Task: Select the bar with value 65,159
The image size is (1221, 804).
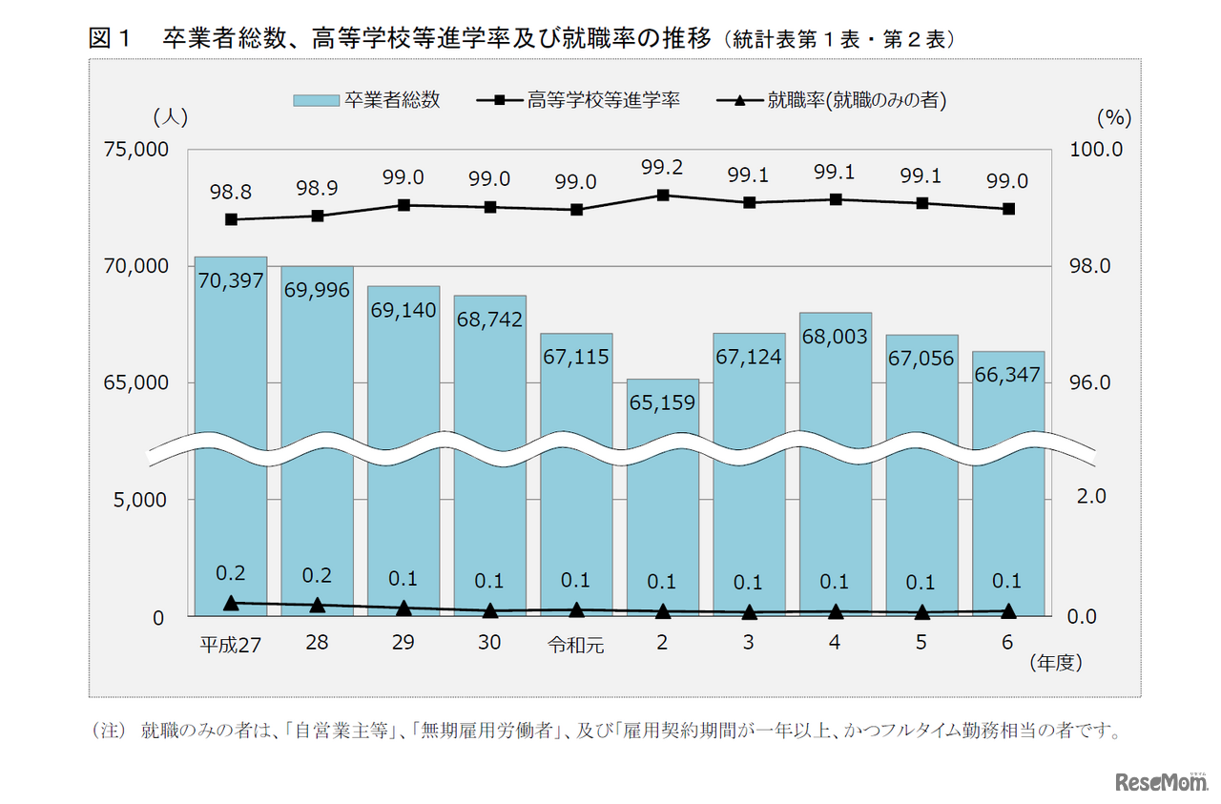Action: coord(662,496)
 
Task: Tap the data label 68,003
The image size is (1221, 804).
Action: coord(835,338)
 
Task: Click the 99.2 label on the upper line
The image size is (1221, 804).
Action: coord(662,168)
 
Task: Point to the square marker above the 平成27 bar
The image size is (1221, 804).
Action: coord(231,219)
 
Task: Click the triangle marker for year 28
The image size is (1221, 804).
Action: coord(318,605)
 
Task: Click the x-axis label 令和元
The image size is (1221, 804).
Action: coord(575,645)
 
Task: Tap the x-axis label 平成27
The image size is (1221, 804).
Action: coord(230,645)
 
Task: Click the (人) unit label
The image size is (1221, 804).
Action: coord(171,118)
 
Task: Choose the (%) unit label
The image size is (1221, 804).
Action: coord(1113,118)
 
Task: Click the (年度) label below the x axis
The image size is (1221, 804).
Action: coord(1056,662)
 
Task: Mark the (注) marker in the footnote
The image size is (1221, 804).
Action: coord(109,732)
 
